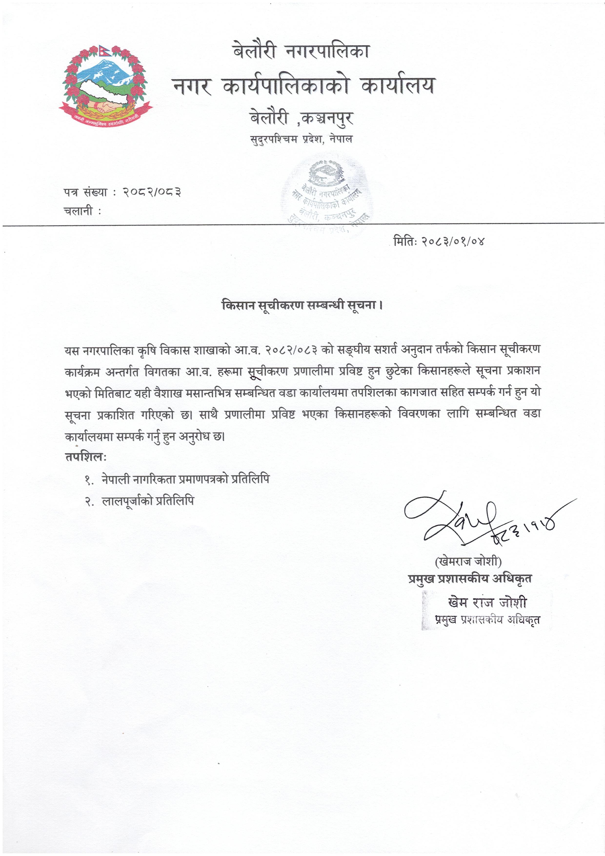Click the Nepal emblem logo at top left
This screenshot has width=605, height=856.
point(106,84)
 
